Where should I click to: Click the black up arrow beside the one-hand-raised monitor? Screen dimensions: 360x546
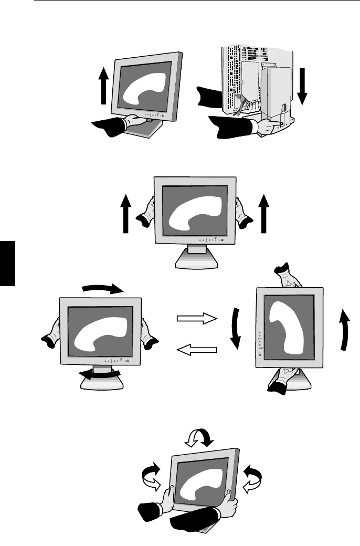coord(103,87)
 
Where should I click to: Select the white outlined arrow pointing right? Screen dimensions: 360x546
coord(197,318)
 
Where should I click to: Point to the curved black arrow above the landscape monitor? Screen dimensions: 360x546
coord(103,288)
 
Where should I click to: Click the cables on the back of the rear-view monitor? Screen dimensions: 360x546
coord(241,105)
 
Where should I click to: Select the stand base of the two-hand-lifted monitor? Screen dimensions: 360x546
coord(194,260)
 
